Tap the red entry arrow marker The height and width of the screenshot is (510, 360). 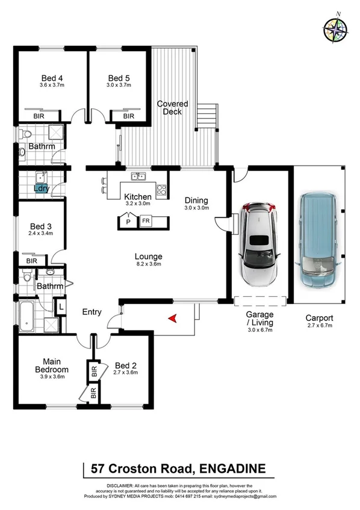point(172,318)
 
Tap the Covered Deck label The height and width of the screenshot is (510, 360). point(173,108)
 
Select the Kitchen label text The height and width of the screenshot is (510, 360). point(138,197)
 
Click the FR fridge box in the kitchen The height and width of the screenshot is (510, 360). point(146,222)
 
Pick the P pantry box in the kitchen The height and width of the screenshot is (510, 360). point(128,222)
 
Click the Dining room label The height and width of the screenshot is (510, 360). point(196,201)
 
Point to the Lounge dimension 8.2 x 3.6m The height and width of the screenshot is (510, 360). point(148,264)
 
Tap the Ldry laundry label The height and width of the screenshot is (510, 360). point(41,188)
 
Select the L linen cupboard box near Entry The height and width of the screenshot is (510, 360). point(62,306)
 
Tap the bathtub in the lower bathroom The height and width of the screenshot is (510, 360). point(28,317)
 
